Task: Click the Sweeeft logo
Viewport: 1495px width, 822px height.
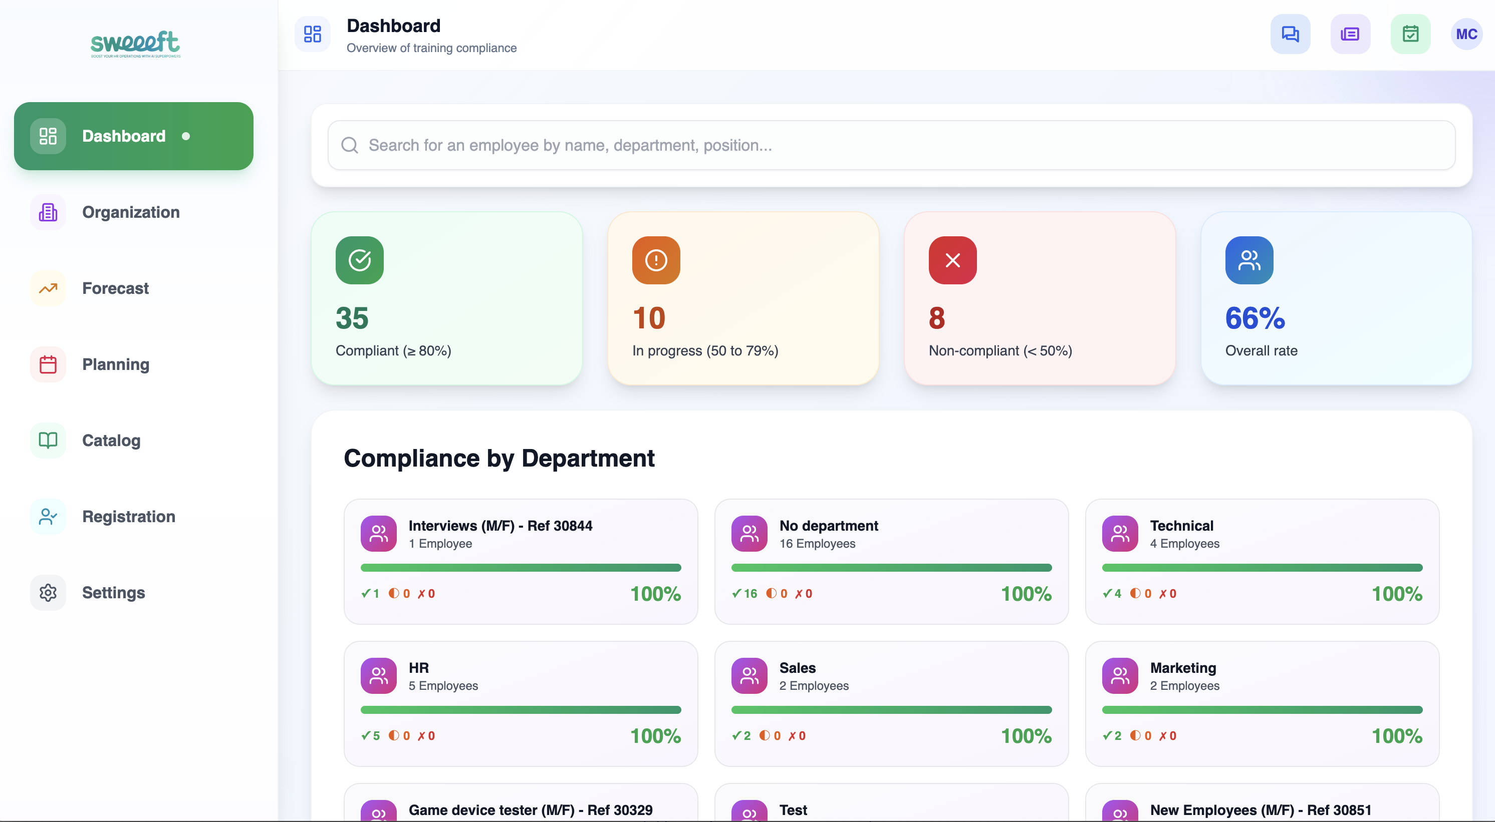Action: point(135,44)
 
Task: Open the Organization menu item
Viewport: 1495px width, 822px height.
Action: point(131,212)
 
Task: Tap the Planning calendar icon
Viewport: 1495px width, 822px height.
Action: point(48,364)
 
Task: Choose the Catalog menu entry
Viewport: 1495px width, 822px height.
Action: point(111,441)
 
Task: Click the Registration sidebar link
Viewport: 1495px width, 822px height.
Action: point(128,516)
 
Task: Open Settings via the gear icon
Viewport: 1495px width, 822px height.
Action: point(48,592)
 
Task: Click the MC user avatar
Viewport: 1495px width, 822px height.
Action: point(1466,34)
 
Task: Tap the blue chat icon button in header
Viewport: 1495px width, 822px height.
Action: point(1290,34)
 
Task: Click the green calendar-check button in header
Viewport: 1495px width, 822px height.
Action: point(1410,34)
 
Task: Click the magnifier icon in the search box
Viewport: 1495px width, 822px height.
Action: point(349,145)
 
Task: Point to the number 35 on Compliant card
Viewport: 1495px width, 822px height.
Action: point(352,318)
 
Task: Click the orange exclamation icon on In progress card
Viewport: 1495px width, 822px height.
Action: point(656,260)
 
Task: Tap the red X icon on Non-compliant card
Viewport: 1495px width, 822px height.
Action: point(952,260)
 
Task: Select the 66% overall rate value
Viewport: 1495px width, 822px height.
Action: point(1255,318)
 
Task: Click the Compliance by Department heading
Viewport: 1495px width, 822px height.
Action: point(499,458)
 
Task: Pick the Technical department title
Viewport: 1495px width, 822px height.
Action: point(1181,526)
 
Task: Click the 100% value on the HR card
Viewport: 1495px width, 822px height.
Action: point(655,735)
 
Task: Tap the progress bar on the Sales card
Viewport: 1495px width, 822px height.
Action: point(891,709)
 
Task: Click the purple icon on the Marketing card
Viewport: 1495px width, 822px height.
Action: point(1120,675)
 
